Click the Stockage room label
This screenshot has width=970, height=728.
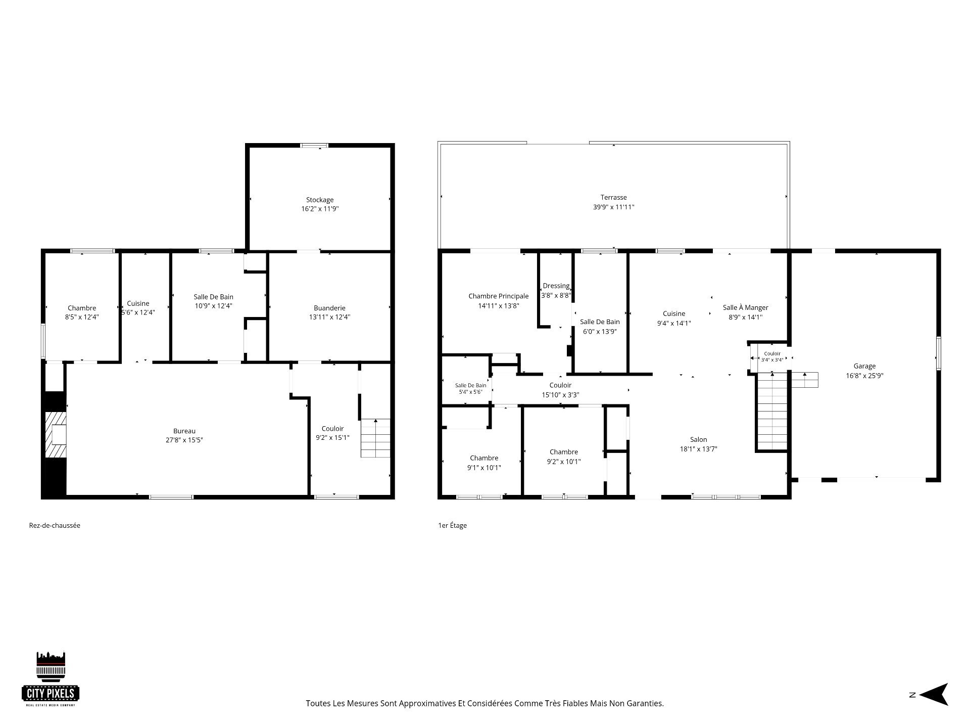tap(320, 200)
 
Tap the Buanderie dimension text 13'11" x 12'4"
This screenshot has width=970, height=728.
tap(329, 317)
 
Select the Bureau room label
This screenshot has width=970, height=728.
tap(184, 431)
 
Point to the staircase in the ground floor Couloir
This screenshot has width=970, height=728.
tap(375, 438)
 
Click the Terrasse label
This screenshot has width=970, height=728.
tap(614, 198)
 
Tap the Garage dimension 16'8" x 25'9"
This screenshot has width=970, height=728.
tap(865, 376)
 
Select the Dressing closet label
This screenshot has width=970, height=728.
tap(556, 286)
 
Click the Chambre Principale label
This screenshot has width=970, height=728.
tap(499, 296)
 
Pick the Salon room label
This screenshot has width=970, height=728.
tap(699, 440)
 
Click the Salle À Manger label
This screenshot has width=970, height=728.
tap(746, 307)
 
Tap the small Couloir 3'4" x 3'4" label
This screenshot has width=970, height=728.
tap(772, 356)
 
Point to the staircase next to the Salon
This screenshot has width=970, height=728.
tap(771, 411)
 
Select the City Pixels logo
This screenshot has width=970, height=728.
tap(51, 679)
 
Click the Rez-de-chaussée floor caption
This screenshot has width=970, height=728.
tap(55, 525)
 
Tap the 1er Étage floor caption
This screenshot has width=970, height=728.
tap(453, 525)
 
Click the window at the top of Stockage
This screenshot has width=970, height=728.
tap(314, 146)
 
